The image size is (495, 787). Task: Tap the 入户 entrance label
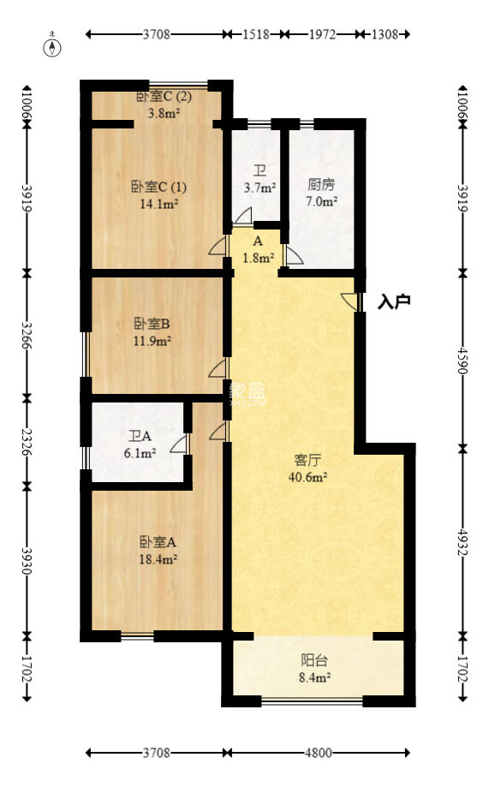(395, 301)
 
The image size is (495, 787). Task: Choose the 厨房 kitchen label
(322, 183)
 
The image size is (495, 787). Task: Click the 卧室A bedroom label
(158, 541)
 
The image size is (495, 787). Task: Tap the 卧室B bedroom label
(152, 324)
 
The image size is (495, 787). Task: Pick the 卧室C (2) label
(164, 96)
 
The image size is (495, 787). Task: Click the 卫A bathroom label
(140, 435)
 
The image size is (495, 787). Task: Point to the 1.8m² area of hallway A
(259, 257)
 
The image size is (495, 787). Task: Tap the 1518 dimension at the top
(256, 35)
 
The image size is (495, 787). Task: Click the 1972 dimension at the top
(323, 35)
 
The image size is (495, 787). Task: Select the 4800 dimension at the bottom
(318, 753)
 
